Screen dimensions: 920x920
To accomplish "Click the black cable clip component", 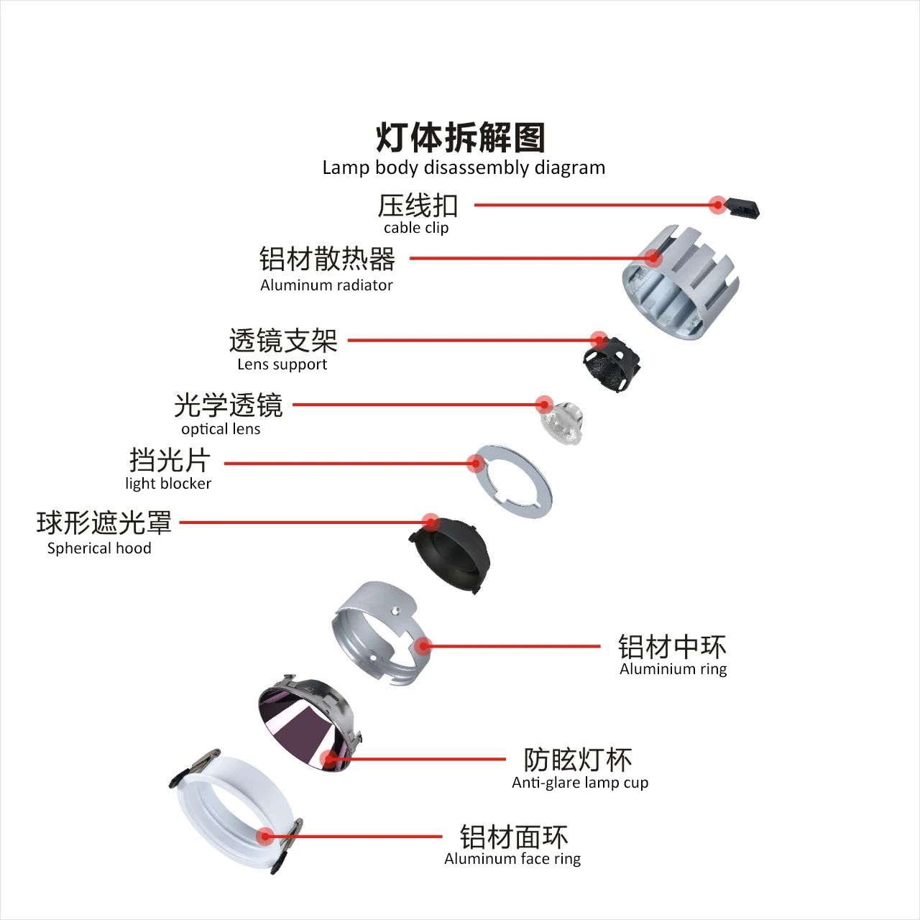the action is pos(742,208).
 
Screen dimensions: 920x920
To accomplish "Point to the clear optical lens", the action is pos(562,423).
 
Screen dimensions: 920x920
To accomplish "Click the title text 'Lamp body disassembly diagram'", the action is pos(464,167).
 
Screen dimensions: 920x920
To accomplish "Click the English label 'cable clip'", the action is pos(416,228).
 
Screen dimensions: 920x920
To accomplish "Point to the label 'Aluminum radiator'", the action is pos(326,285).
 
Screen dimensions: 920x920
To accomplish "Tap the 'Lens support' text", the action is pos(282,364).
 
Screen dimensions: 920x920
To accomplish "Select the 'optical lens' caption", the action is pos(221,428).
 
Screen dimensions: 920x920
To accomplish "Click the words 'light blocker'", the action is pos(168,483).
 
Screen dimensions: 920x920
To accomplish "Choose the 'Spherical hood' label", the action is pos(99,548).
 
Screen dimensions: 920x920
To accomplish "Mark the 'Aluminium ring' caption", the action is pos(673,669).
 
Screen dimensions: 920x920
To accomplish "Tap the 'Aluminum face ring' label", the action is pos(512,858).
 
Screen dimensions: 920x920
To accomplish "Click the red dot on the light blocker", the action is pos(476,463).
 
